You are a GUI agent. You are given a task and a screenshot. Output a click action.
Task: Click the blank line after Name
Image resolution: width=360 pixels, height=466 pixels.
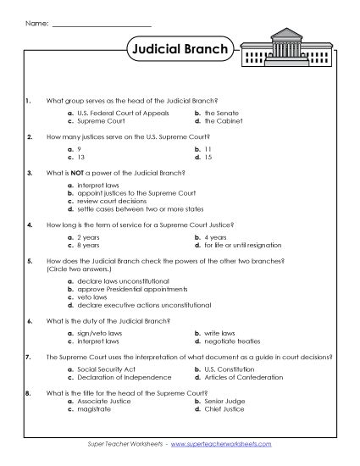[102, 17]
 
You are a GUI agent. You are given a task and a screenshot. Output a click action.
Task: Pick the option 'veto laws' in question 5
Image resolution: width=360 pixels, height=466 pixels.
[91, 297]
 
